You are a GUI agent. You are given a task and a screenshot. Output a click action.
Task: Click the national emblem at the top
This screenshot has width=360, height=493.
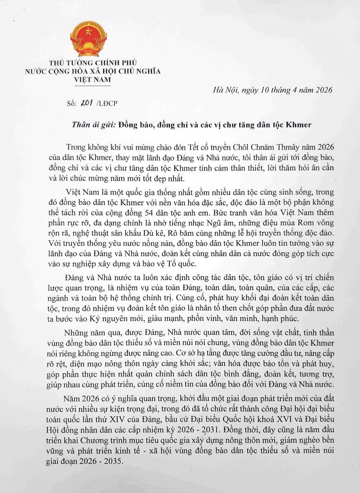[x=88, y=39]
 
